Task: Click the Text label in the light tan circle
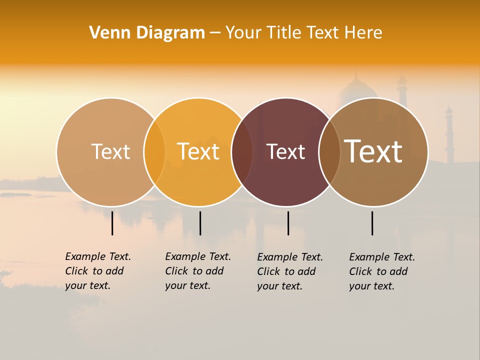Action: [110, 151]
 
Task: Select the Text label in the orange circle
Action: [198, 151]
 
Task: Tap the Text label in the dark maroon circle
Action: [286, 151]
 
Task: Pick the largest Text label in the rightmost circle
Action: [373, 151]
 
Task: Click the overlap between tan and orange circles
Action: [154, 151]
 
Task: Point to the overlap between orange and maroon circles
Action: [242, 151]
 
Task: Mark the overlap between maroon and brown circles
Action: [329, 151]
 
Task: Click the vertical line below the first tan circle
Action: [112, 223]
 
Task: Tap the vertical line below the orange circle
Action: [200, 223]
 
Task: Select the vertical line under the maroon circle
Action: [288, 223]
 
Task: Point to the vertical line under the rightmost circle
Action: [372, 223]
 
